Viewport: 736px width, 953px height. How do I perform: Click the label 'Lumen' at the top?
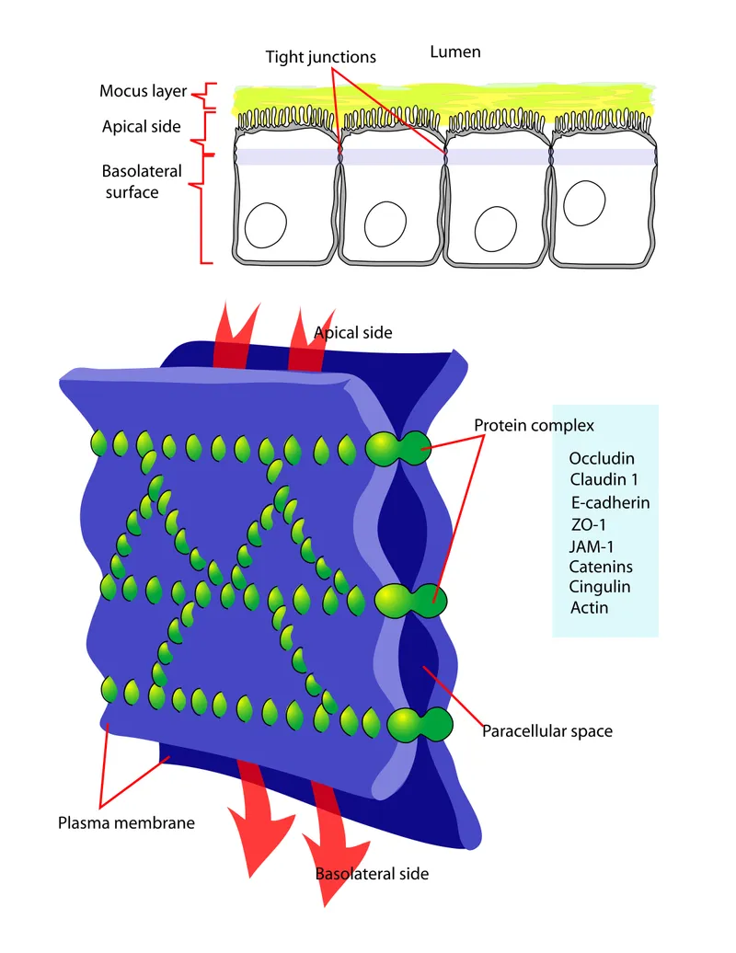coord(454,52)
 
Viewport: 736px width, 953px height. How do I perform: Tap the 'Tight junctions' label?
coord(320,57)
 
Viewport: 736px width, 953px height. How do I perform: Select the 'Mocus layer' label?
coord(143,92)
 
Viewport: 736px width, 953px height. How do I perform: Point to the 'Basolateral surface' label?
coord(143,181)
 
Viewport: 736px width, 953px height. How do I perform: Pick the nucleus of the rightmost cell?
coord(583,201)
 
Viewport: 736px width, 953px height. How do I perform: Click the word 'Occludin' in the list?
coord(602,458)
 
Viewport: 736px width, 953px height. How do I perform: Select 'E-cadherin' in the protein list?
coord(610,502)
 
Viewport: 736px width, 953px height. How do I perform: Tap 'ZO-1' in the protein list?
coord(590,524)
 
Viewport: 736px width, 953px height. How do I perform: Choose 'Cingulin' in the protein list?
coord(600,587)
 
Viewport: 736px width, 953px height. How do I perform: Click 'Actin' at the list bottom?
coord(589,608)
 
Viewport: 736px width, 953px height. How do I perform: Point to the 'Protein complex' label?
coord(534,426)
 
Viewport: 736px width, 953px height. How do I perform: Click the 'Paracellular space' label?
coord(546,731)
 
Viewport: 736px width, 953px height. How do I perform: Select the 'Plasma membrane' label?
coord(126,822)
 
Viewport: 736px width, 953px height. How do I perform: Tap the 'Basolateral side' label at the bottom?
coord(372,873)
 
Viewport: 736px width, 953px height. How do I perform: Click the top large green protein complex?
coord(397,448)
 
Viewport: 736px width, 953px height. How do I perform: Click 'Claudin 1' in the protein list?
coord(604,479)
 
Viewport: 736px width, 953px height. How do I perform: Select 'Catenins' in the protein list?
coord(601,567)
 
